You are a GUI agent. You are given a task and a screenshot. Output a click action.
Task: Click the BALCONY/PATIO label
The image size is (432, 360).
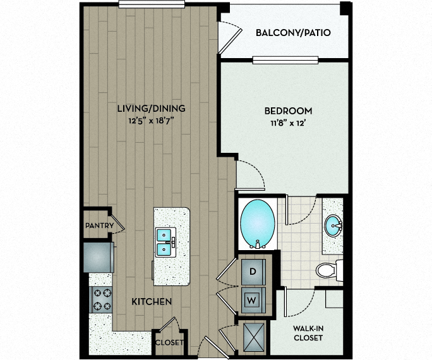(293, 33)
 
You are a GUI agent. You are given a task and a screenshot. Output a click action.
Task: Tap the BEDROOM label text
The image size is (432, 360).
(288, 111)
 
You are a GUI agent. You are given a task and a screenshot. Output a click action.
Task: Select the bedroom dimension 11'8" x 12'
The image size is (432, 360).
(288, 123)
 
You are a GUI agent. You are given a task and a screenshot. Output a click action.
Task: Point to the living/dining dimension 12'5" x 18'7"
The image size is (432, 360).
(151, 121)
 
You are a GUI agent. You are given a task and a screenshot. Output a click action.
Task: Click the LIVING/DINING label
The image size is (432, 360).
(151, 109)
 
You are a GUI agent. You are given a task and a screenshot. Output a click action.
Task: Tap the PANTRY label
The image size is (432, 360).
(99, 225)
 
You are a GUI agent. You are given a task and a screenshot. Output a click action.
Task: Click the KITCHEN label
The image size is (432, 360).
(152, 302)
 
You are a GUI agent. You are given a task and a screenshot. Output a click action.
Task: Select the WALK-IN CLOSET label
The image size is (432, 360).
(308, 333)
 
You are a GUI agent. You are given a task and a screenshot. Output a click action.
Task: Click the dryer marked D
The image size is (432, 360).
(253, 272)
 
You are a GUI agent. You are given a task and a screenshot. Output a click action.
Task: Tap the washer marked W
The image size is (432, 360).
(253, 300)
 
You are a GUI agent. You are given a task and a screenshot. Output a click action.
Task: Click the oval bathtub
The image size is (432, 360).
(258, 224)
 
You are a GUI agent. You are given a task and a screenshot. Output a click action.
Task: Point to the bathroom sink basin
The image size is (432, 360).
(333, 225)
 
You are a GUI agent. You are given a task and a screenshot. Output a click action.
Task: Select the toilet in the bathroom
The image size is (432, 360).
(329, 270)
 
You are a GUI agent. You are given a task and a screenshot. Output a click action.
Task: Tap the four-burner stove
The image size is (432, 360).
(102, 299)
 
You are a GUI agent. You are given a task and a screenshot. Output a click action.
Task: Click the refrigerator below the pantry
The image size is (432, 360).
(99, 257)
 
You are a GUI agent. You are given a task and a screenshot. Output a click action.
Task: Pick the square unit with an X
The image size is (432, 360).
(253, 337)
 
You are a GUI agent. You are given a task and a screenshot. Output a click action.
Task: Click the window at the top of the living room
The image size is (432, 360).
(152, 4)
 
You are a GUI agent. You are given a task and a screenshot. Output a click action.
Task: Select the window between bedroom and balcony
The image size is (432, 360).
(285, 60)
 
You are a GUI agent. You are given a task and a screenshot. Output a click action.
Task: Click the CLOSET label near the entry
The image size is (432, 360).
(169, 342)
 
